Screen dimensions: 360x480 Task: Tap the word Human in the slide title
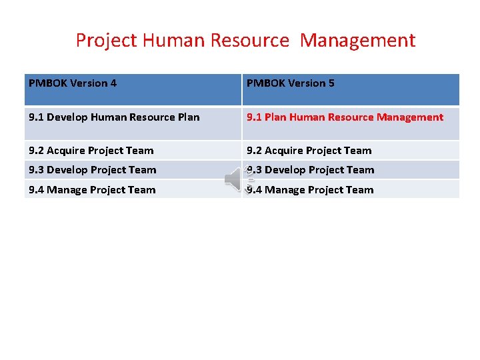165,41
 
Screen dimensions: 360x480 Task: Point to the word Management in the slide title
357,41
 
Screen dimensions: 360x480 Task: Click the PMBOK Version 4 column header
73,83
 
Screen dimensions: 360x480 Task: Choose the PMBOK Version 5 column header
291,83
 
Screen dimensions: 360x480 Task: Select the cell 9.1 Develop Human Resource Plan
114,117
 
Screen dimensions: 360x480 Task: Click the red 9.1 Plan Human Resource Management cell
345,117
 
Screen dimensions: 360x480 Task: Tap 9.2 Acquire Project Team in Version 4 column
91,151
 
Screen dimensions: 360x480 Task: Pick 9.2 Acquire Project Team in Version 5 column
309,151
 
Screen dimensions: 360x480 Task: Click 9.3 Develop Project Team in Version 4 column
93,170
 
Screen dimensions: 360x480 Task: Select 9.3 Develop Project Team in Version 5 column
311,170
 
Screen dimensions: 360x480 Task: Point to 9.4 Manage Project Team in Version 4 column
92,190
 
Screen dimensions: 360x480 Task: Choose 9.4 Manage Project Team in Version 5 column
310,190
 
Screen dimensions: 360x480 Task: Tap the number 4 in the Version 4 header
113,83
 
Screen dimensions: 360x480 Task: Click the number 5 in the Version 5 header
331,83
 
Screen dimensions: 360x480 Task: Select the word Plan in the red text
276,117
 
